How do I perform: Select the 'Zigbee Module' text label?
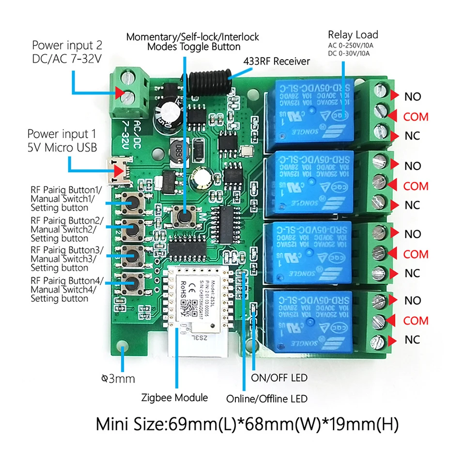click(174, 398)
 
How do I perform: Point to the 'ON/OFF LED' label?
click(279, 377)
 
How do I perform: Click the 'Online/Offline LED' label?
click(267, 399)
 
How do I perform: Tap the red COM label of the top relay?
click(416, 117)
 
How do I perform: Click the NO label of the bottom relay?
click(413, 300)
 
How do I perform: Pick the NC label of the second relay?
click(412, 205)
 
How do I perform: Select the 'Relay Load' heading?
click(353, 34)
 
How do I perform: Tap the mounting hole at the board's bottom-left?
click(124, 348)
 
